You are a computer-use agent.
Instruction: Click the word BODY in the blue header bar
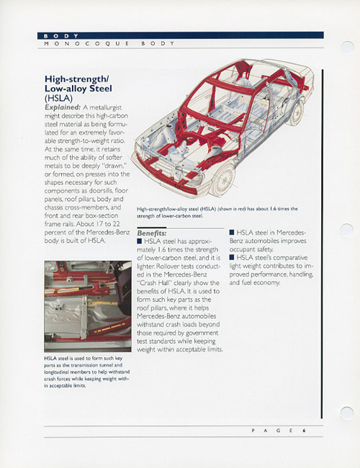61,36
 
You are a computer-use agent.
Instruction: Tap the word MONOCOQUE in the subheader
86,44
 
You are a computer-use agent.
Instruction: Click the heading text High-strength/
77,79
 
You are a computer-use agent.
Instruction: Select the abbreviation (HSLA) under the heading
58,98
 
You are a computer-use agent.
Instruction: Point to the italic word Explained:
63,107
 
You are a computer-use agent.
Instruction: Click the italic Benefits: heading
152,233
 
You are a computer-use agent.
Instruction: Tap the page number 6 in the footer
304,431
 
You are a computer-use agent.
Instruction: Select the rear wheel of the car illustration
295,112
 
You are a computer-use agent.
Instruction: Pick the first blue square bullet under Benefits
140,241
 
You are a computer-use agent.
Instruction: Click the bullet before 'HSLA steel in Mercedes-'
232,233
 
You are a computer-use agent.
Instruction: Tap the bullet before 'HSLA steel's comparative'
232,257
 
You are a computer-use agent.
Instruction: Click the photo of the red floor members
88,306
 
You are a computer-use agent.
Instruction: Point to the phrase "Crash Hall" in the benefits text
154,283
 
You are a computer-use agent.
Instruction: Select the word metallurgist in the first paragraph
105,107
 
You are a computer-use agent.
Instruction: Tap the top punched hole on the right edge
347,48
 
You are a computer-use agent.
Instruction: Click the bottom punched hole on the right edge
347,413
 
